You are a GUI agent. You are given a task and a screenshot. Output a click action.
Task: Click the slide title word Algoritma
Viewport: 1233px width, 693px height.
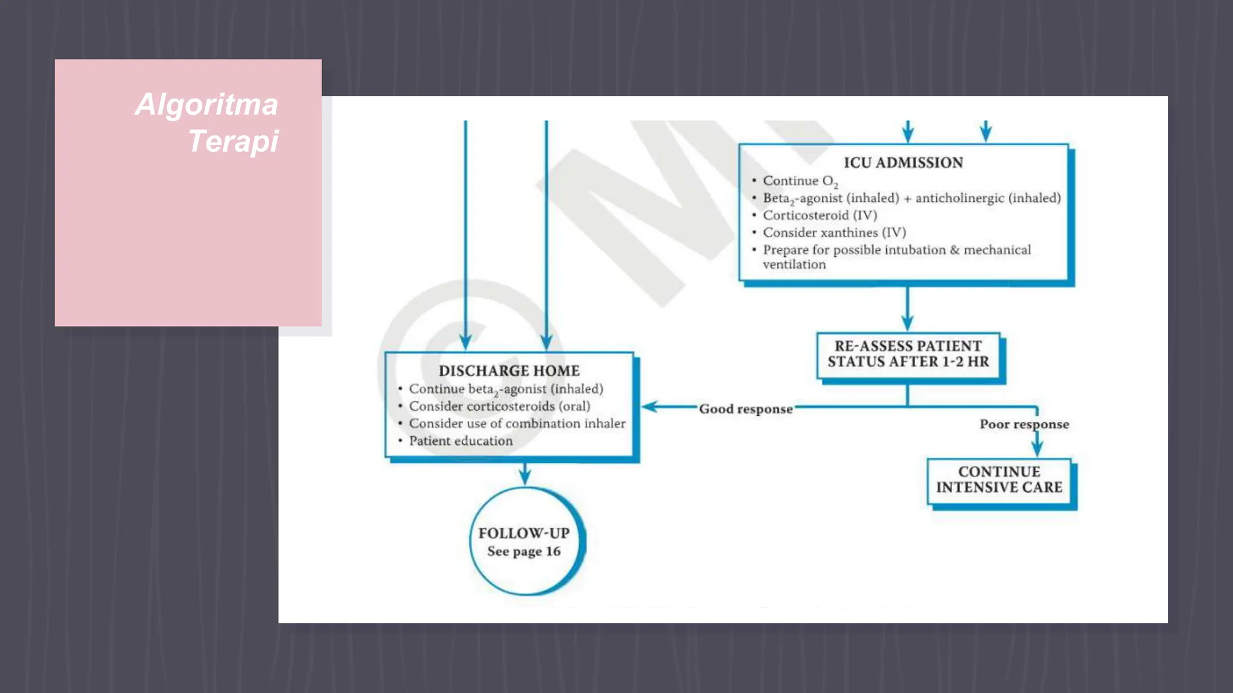(207, 105)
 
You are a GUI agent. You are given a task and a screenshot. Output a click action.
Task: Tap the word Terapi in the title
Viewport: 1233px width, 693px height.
(233, 142)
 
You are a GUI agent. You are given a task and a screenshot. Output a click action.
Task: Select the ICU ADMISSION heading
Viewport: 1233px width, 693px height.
(903, 162)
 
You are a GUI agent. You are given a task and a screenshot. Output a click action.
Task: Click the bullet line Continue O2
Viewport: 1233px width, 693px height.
(800, 181)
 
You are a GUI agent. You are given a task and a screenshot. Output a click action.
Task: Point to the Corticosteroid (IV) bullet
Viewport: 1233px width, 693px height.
(819, 215)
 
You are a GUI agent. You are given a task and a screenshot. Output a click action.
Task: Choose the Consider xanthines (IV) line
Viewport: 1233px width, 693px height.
(834, 232)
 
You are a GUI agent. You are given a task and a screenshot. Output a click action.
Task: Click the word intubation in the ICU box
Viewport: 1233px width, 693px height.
(915, 250)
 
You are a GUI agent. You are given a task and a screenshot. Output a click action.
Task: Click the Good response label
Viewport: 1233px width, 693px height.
(745, 409)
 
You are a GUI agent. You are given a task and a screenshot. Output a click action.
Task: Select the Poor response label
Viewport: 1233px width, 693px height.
(1024, 424)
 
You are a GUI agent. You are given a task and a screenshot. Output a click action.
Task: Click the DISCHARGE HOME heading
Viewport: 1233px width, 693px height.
(509, 371)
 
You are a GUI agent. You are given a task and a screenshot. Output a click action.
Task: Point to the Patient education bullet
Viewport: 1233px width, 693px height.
(461, 441)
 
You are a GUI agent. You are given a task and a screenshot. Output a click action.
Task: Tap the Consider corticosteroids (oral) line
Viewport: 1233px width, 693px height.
(499, 406)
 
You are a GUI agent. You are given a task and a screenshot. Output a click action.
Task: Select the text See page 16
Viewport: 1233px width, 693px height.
(524, 551)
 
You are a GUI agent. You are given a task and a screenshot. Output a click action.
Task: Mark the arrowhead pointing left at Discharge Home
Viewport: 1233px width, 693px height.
(649, 407)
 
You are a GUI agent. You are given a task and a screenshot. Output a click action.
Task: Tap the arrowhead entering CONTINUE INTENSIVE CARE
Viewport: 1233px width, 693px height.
(1037, 449)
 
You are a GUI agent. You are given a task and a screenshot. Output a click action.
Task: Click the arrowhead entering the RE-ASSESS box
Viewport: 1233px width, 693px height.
(907, 323)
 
